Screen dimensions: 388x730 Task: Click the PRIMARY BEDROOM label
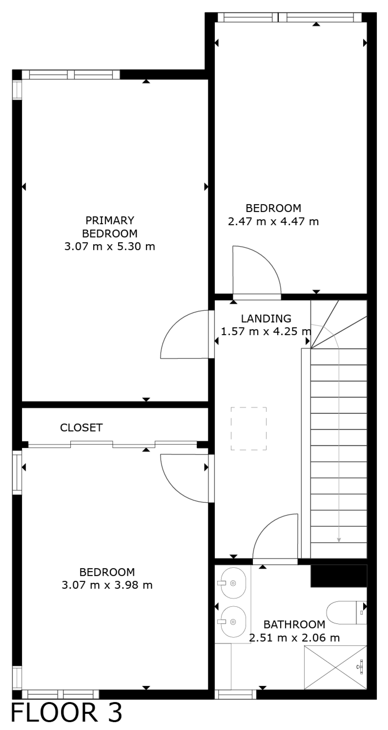pyautogui.click(x=110, y=227)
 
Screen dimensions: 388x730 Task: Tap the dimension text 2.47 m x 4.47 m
pyautogui.click(x=273, y=222)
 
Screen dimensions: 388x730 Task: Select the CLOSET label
pyautogui.click(x=82, y=428)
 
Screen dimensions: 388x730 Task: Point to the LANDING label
pyautogui.click(x=266, y=318)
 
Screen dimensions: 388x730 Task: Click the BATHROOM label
pyautogui.click(x=294, y=624)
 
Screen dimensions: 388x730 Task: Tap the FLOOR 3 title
pyautogui.click(x=66, y=713)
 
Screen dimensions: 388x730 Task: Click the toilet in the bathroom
pyautogui.click(x=347, y=612)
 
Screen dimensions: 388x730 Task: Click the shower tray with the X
pyautogui.click(x=336, y=667)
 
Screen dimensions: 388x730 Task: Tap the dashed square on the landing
pyautogui.click(x=249, y=429)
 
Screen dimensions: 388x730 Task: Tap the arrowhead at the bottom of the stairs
pyautogui.click(x=339, y=540)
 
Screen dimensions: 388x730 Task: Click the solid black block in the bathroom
pyautogui.click(x=339, y=576)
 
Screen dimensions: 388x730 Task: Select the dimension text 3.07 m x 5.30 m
pyautogui.click(x=110, y=246)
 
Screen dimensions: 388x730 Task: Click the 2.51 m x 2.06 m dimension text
pyautogui.click(x=294, y=638)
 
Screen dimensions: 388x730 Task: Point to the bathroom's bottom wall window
pyautogui.click(x=235, y=694)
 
